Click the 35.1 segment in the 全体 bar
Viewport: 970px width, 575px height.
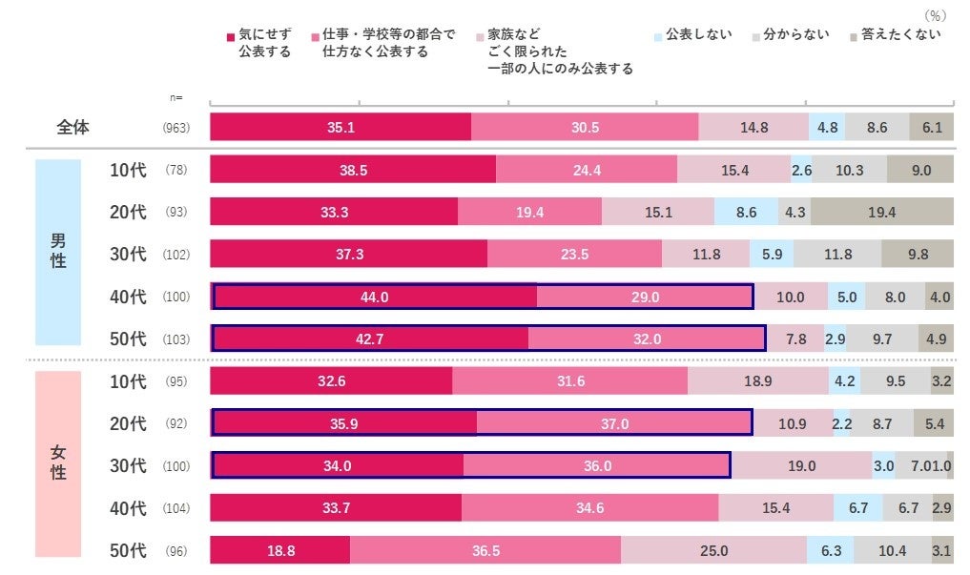pyautogui.click(x=341, y=127)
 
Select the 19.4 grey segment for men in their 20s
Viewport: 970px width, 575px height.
pyautogui.click(x=881, y=212)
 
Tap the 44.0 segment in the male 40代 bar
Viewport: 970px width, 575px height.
pyautogui.click(x=375, y=297)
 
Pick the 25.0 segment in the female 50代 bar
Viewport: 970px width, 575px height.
pyautogui.click(x=713, y=550)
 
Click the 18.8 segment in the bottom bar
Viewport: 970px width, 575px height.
pyautogui.click(x=279, y=550)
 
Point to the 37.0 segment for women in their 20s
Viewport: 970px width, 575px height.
pyautogui.click(x=614, y=423)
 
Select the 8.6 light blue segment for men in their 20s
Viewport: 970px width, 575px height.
pyautogui.click(x=746, y=212)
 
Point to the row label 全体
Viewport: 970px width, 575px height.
pyautogui.click(x=72, y=127)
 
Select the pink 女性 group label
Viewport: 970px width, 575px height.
pyautogui.click(x=58, y=463)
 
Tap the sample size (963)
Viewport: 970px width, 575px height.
pyautogui.click(x=176, y=128)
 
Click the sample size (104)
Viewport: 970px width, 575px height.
pyautogui.click(x=176, y=508)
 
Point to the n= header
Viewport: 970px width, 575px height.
pyautogui.click(x=175, y=97)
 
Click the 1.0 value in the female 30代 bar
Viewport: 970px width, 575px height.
pyautogui.click(x=947, y=466)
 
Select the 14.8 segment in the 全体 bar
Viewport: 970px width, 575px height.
pyautogui.click(x=753, y=127)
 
